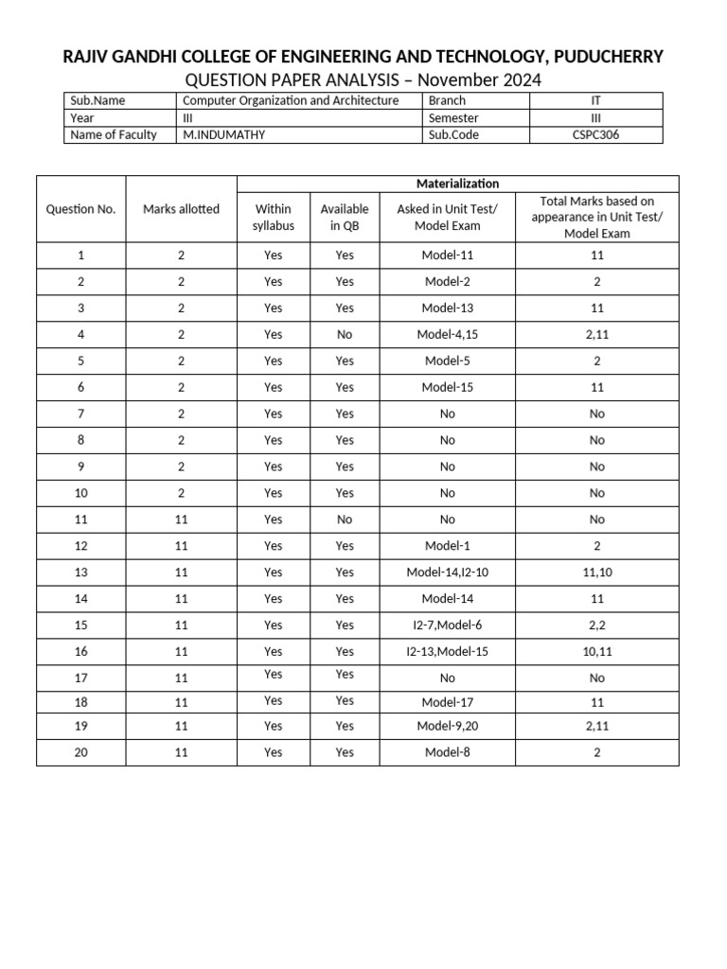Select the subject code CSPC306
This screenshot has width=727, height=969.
[596, 134]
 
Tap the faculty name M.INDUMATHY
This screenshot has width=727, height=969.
[224, 134]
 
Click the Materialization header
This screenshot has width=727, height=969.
[457, 184]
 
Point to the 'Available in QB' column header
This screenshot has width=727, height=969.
[345, 217]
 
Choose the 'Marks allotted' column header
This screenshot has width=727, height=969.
[181, 209]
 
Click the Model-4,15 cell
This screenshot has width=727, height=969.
[448, 334]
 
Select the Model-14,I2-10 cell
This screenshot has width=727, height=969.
[448, 573]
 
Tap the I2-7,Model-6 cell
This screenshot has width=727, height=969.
[448, 625]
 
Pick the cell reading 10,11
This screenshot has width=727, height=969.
[596, 652]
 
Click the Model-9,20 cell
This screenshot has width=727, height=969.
[448, 726]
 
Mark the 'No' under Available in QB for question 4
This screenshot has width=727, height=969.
[345, 334]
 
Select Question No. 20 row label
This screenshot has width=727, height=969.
[80, 752]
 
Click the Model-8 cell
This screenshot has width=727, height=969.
[448, 752]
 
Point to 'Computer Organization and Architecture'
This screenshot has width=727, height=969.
[291, 100]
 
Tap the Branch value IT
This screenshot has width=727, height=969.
[596, 100]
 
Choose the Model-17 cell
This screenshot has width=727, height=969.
[448, 703]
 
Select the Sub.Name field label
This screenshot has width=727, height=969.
[98, 100]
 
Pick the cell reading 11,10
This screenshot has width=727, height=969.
[596, 573]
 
